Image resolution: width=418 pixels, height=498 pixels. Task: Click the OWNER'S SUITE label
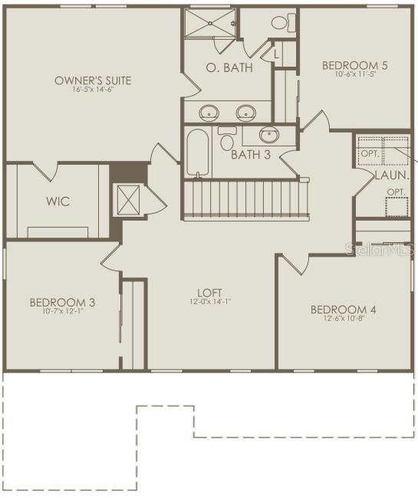tap(93, 80)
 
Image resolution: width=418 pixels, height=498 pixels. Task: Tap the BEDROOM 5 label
tap(354, 65)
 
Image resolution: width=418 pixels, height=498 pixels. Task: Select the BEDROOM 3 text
tap(62, 303)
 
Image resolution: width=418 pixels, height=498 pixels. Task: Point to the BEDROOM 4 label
tap(343, 310)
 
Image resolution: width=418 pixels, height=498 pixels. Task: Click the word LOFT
tap(209, 292)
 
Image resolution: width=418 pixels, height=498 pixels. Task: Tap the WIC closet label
tap(58, 201)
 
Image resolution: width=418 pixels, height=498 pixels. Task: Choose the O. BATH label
tap(229, 67)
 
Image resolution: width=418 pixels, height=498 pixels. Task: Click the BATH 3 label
tap(251, 155)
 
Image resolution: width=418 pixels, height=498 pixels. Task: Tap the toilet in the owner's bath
tap(282, 22)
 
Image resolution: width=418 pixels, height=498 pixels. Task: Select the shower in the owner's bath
tap(209, 25)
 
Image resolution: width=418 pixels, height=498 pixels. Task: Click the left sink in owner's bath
tap(209, 113)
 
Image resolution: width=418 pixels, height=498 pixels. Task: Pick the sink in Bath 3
tap(268, 136)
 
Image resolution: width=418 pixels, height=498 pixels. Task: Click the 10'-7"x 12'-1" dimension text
tap(62, 313)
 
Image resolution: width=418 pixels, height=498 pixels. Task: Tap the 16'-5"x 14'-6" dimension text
tap(93, 90)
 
